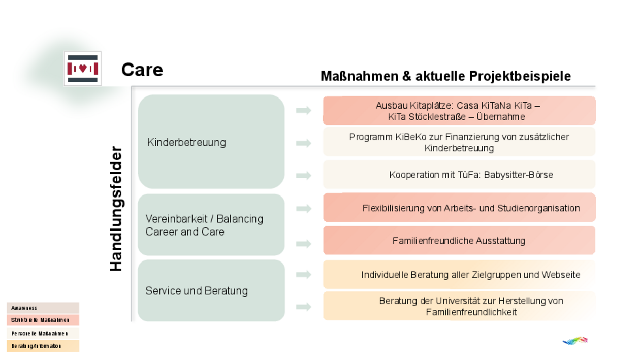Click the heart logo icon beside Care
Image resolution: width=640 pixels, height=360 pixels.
pos(82,69)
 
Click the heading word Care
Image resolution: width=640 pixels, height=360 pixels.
pos(142,70)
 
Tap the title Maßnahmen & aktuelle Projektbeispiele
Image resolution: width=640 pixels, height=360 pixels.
pos(445,76)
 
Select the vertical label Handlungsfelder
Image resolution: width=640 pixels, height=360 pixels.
pos(116,208)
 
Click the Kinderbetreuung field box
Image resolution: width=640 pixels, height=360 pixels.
pos(211,142)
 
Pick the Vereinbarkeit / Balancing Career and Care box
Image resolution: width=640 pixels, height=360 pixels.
pos(211,225)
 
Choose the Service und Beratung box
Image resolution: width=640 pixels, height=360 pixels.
pos(211,290)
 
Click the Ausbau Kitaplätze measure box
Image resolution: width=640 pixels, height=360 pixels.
pos(459,111)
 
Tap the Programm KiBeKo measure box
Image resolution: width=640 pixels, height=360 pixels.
pos(459,142)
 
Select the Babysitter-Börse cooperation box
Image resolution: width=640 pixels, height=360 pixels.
pos(459,175)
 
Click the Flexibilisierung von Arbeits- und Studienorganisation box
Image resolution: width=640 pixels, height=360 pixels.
pos(459,208)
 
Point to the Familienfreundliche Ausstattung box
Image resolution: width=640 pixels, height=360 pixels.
pos(459,240)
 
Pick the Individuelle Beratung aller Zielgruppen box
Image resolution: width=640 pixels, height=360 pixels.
pos(459,275)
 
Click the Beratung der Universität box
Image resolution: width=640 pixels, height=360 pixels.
pos(459,306)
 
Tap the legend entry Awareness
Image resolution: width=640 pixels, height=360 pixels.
pos(43,308)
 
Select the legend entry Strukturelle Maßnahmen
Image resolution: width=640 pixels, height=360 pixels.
pos(43,320)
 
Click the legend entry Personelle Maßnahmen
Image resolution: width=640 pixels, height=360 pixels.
pos(43,333)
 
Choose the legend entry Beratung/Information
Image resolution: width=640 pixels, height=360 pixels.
pos(43,346)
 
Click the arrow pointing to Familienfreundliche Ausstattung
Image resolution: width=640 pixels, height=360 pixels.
pos(304,244)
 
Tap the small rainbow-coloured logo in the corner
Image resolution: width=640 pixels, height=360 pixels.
pos(575,340)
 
